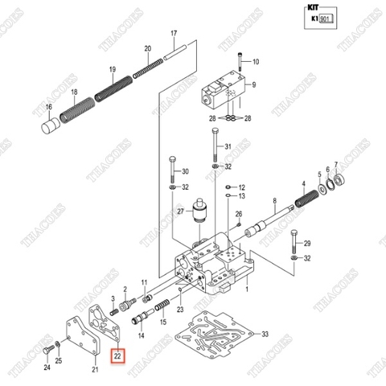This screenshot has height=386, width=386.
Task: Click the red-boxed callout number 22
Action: (117, 355)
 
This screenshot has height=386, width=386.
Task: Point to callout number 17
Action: (172, 33)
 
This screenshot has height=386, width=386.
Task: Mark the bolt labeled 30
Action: (172, 170)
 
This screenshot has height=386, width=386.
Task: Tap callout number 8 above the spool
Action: (274, 200)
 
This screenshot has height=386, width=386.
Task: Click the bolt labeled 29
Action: (294, 243)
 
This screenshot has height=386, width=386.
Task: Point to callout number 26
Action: (238, 214)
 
